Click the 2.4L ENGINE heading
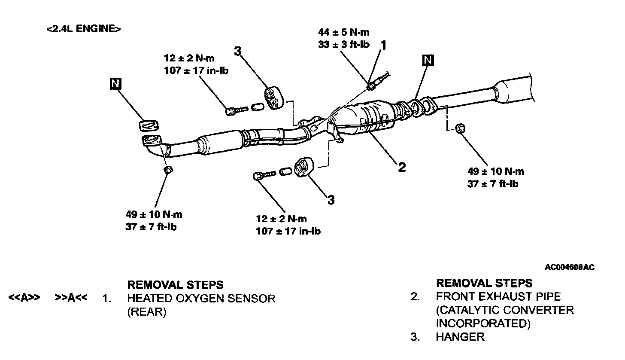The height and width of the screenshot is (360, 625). click(x=83, y=29)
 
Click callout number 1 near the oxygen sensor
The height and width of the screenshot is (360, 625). click(x=383, y=45)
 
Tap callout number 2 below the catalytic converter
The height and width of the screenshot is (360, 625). click(x=401, y=167)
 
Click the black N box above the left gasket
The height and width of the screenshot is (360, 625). click(x=115, y=84)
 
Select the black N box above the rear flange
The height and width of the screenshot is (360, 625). click(x=428, y=60)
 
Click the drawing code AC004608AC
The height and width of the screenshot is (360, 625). click(x=570, y=267)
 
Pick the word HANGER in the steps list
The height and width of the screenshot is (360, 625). click(x=460, y=337)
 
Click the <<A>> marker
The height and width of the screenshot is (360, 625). click(x=24, y=298)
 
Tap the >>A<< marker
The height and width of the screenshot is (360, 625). click(x=71, y=298)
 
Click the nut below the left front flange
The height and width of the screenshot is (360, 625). click(x=169, y=170)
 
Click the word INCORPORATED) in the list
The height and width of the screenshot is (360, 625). click(x=483, y=323)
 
